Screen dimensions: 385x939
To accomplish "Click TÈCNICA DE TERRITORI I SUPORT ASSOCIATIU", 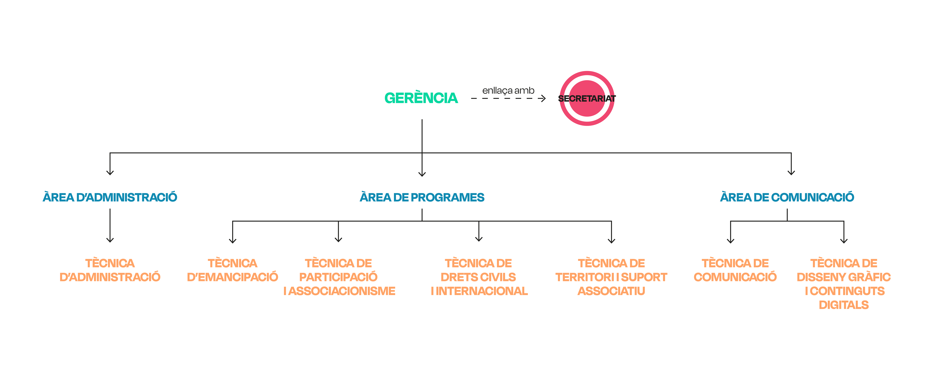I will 611,277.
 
